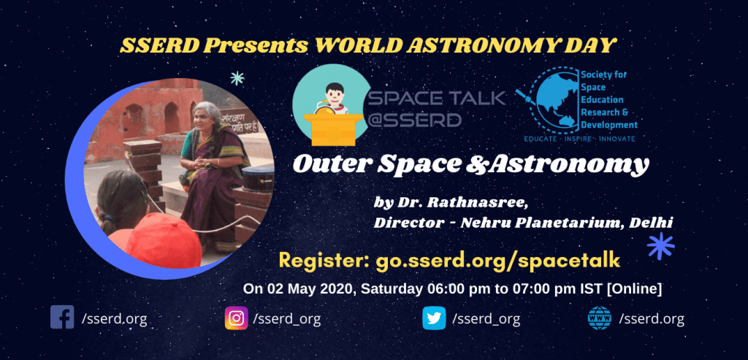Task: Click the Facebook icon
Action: tap(62, 317)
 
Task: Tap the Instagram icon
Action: tap(237, 318)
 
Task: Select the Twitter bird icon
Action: tap(434, 318)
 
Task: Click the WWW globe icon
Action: tap(600, 318)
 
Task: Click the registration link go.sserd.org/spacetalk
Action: tap(497, 261)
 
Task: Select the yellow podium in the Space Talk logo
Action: tap(331, 129)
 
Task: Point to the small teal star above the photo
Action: tap(237, 77)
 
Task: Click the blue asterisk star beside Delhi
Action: tap(660, 246)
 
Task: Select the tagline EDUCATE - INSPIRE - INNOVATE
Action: tap(579, 138)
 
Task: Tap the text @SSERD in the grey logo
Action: tap(415, 119)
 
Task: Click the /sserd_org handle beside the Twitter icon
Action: tap(486, 318)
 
